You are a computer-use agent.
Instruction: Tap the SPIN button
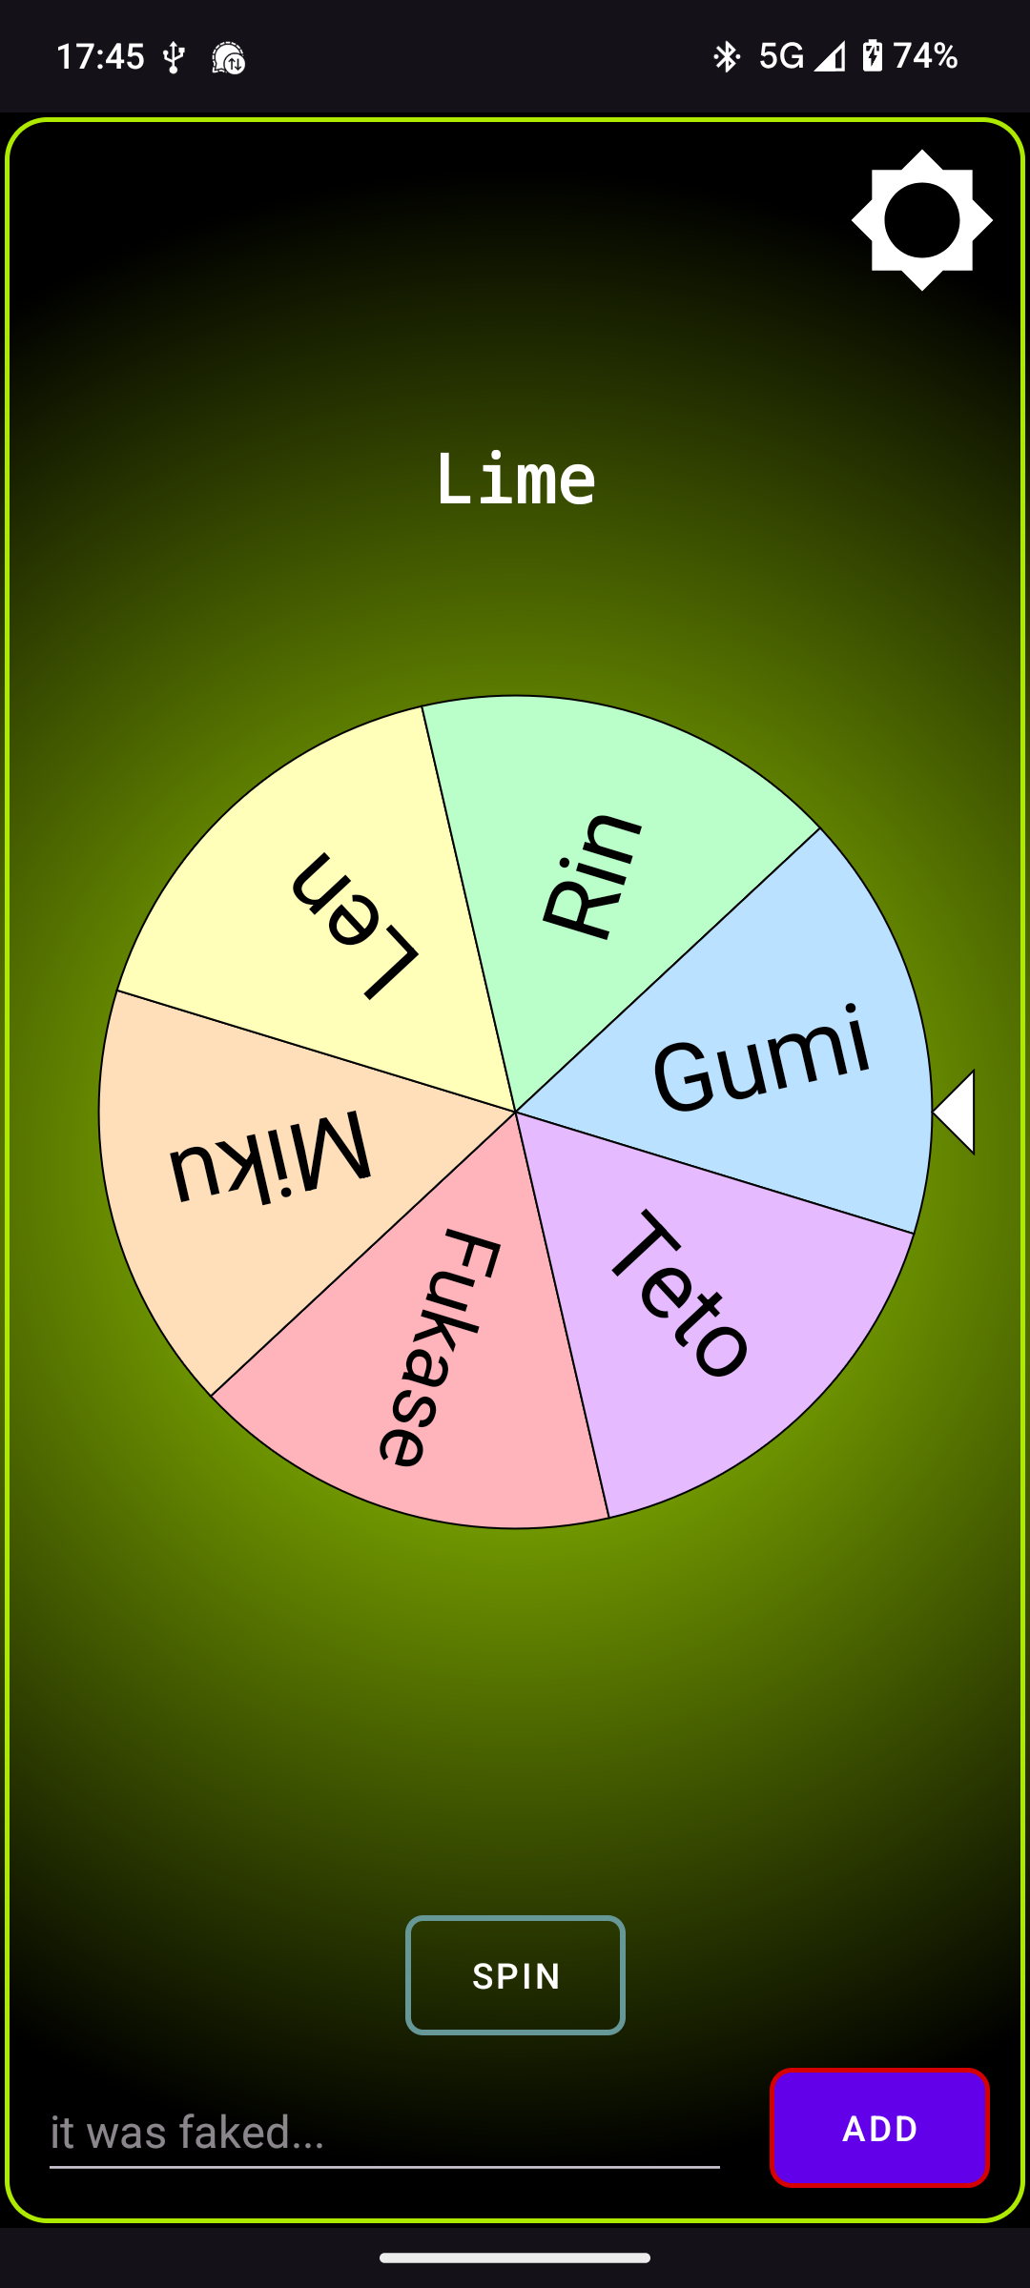(515, 1975)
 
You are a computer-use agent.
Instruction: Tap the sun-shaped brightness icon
(921, 220)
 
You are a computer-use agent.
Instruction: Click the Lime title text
(515, 479)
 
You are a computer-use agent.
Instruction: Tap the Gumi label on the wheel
(761, 1058)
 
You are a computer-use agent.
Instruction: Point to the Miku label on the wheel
(270, 1156)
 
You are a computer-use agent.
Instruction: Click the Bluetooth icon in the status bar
(727, 57)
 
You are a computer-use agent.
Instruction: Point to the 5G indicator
(781, 57)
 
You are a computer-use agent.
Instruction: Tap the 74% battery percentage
(925, 57)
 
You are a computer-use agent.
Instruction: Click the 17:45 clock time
(100, 57)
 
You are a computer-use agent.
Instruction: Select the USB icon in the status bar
(173, 58)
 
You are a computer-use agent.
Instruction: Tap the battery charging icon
(872, 56)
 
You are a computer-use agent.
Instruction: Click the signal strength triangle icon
(830, 57)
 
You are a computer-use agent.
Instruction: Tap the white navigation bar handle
(515, 2257)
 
